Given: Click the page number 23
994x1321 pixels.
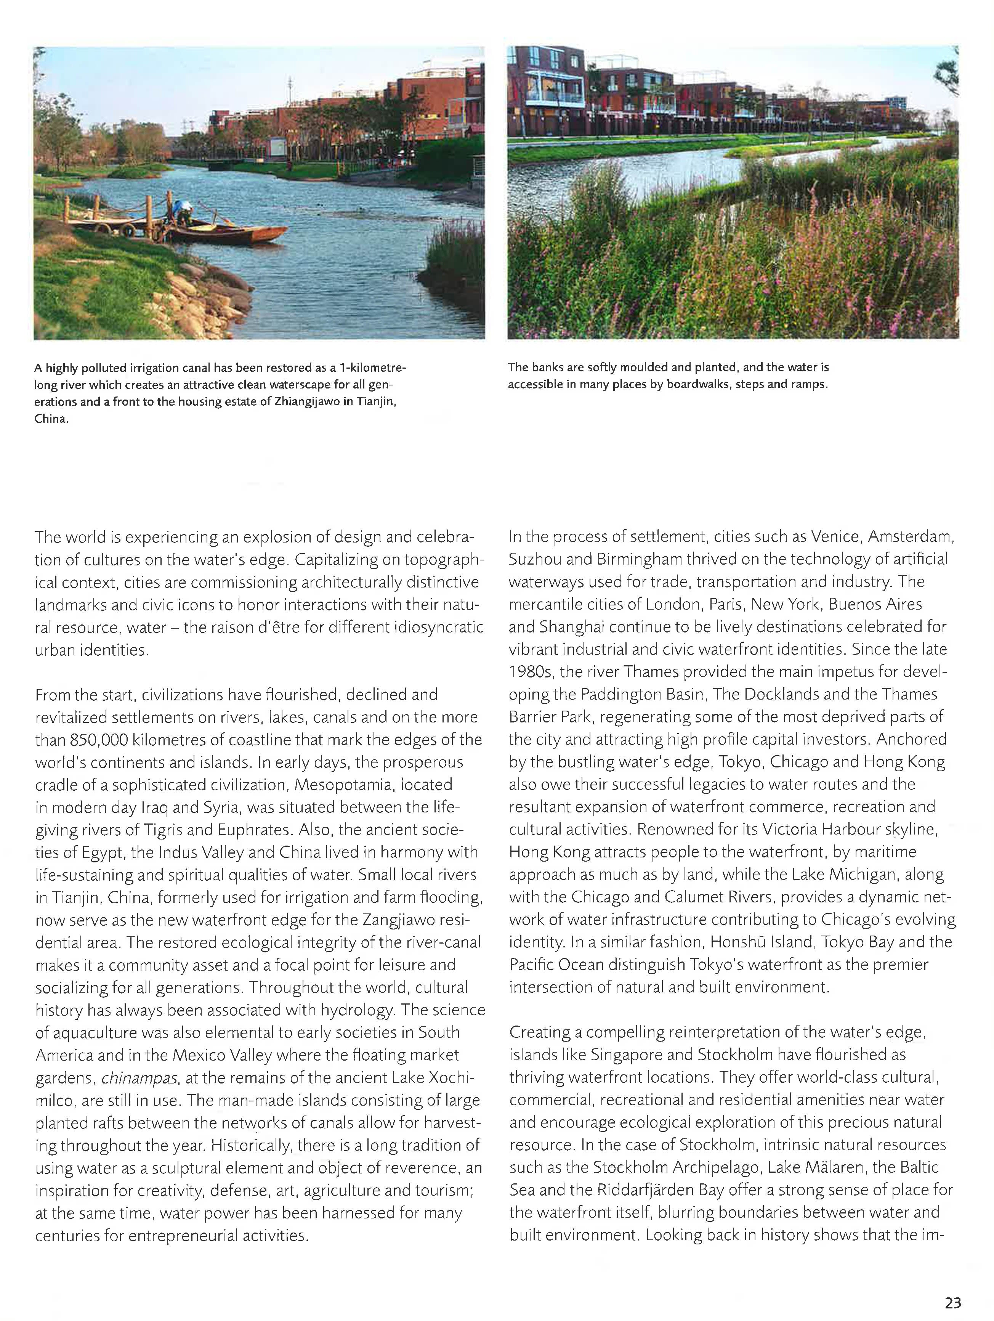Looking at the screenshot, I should click(x=953, y=1302).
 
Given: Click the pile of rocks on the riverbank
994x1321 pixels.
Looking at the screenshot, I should click(x=203, y=293).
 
